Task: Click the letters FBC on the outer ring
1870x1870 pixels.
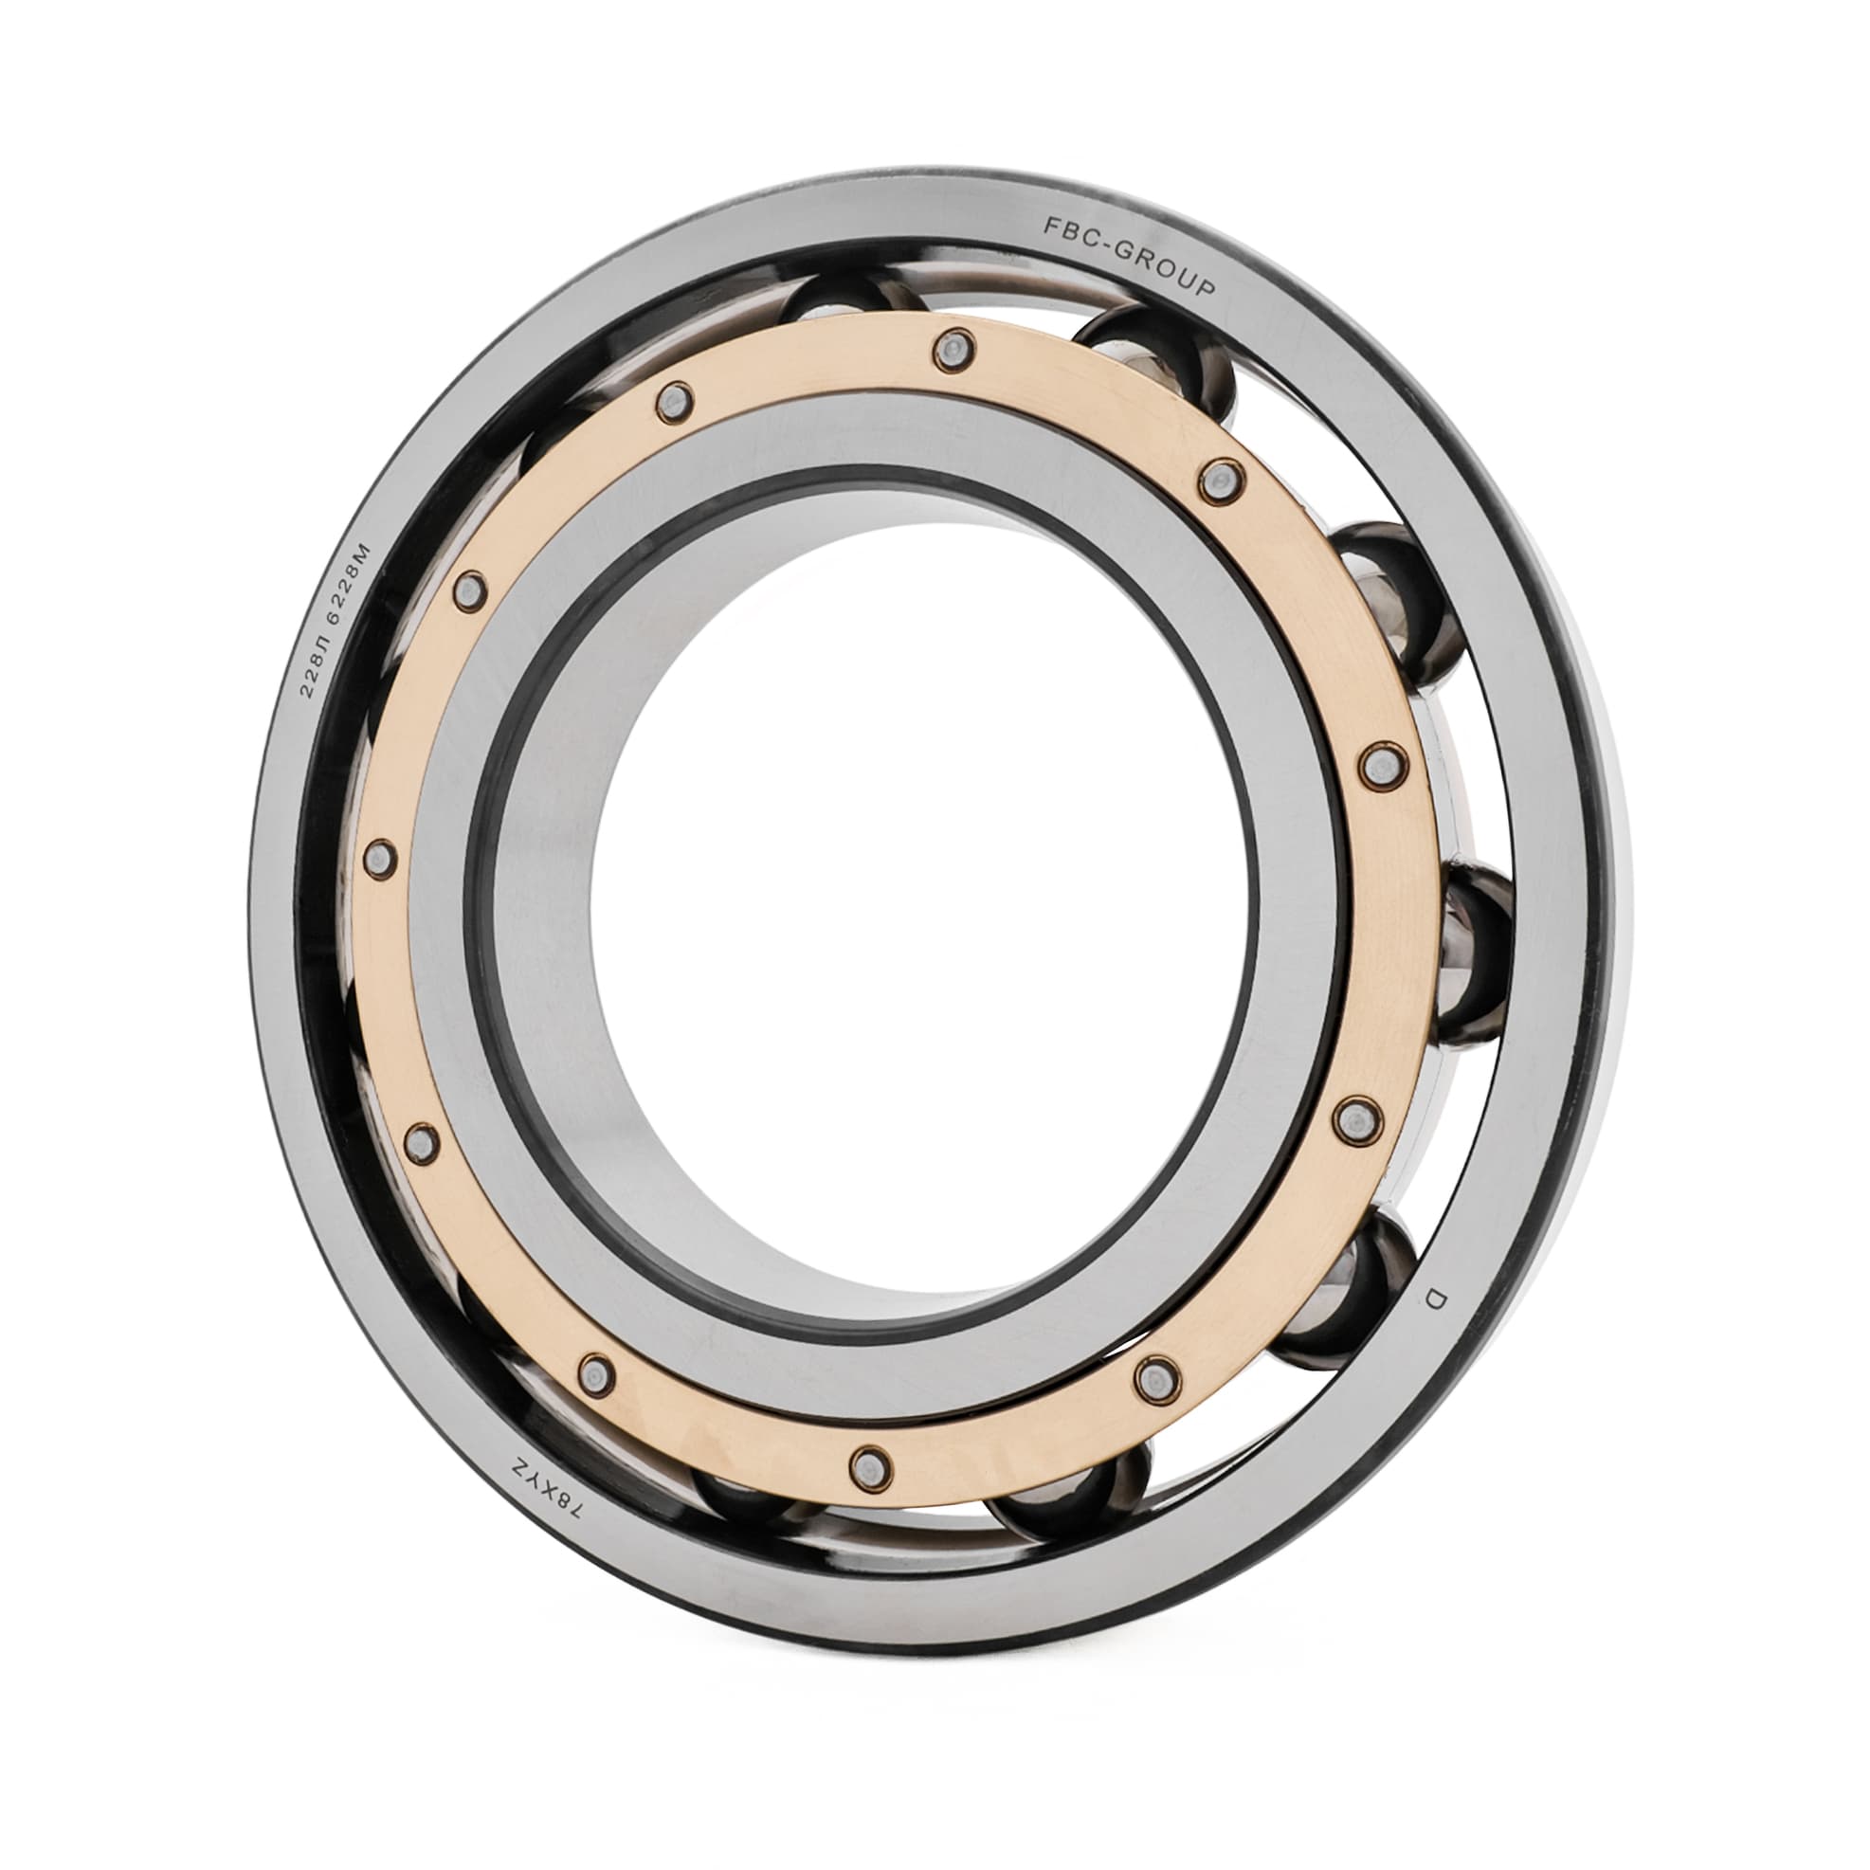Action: point(1062,228)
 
